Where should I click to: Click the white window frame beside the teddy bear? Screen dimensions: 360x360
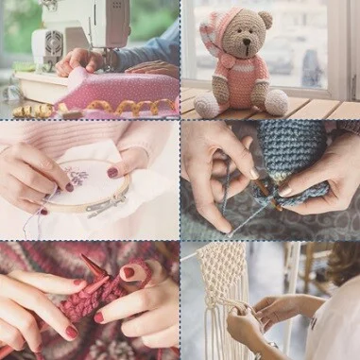point(335,47)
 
